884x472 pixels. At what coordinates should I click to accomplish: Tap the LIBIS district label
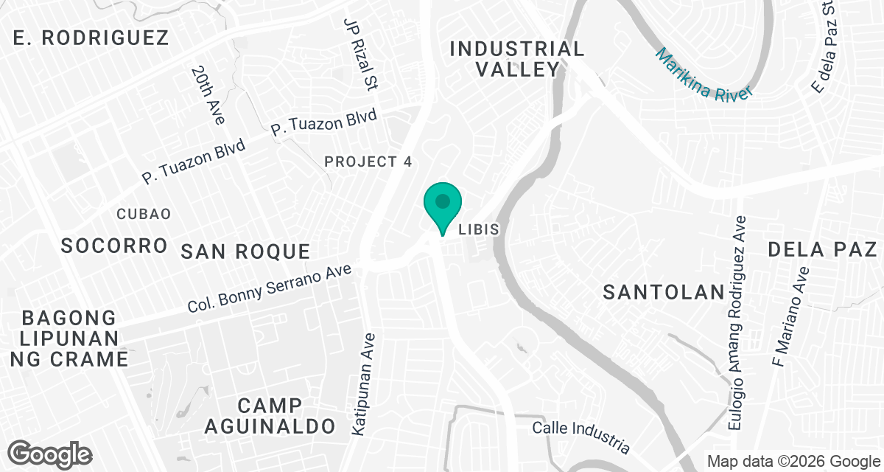click(x=479, y=230)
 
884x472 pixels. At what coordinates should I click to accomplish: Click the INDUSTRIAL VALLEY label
click(x=516, y=60)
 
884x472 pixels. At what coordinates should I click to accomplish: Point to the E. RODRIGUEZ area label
click(x=91, y=38)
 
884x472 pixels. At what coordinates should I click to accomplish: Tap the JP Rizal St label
click(x=360, y=55)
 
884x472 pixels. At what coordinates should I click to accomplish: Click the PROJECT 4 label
click(x=368, y=162)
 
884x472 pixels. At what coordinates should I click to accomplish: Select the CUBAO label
click(x=144, y=214)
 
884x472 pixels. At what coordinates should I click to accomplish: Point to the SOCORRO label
click(x=114, y=246)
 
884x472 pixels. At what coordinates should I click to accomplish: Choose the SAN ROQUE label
click(x=245, y=251)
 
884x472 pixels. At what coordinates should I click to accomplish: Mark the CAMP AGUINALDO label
click(x=270, y=415)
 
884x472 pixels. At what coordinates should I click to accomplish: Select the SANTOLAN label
click(x=664, y=292)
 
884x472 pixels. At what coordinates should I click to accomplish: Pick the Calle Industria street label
click(x=582, y=437)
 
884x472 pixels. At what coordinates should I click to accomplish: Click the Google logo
click(x=50, y=452)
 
